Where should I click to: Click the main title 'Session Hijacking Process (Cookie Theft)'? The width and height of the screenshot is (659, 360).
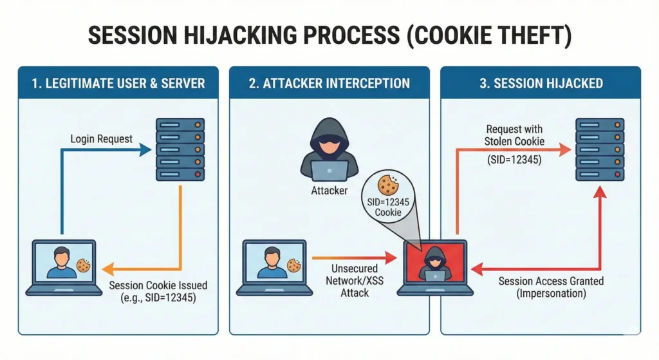(329, 36)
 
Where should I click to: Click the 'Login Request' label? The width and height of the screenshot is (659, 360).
(102, 138)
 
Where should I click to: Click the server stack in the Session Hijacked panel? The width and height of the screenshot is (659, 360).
(600, 149)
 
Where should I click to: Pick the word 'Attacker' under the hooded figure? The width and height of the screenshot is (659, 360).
(329, 191)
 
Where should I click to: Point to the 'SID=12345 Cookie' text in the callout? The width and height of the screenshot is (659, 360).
(388, 207)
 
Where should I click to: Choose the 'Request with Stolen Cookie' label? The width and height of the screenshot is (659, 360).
(515, 135)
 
